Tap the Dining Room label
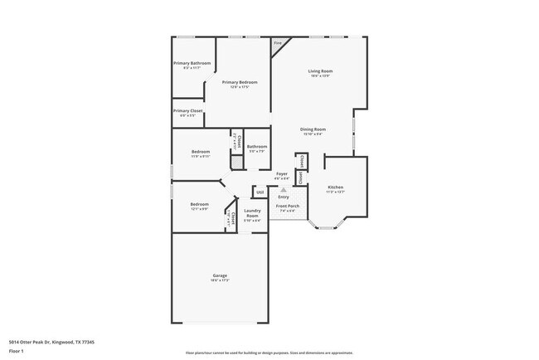point(313,129)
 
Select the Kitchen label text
point(335,187)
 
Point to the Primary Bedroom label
point(239,82)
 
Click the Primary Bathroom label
point(192,64)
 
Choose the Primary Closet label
point(187,110)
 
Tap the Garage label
point(220,275)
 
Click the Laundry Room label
point(252,214)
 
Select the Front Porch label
point(287,207)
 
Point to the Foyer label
point(282,174)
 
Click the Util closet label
point(260,192)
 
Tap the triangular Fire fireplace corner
point(279,46)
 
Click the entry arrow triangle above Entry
point(283,189)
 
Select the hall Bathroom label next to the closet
point(257,147)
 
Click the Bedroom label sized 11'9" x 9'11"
point(201,152)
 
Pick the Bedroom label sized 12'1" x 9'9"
point(199,205)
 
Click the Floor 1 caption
point(17,351)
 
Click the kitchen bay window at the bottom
point(327,226)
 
